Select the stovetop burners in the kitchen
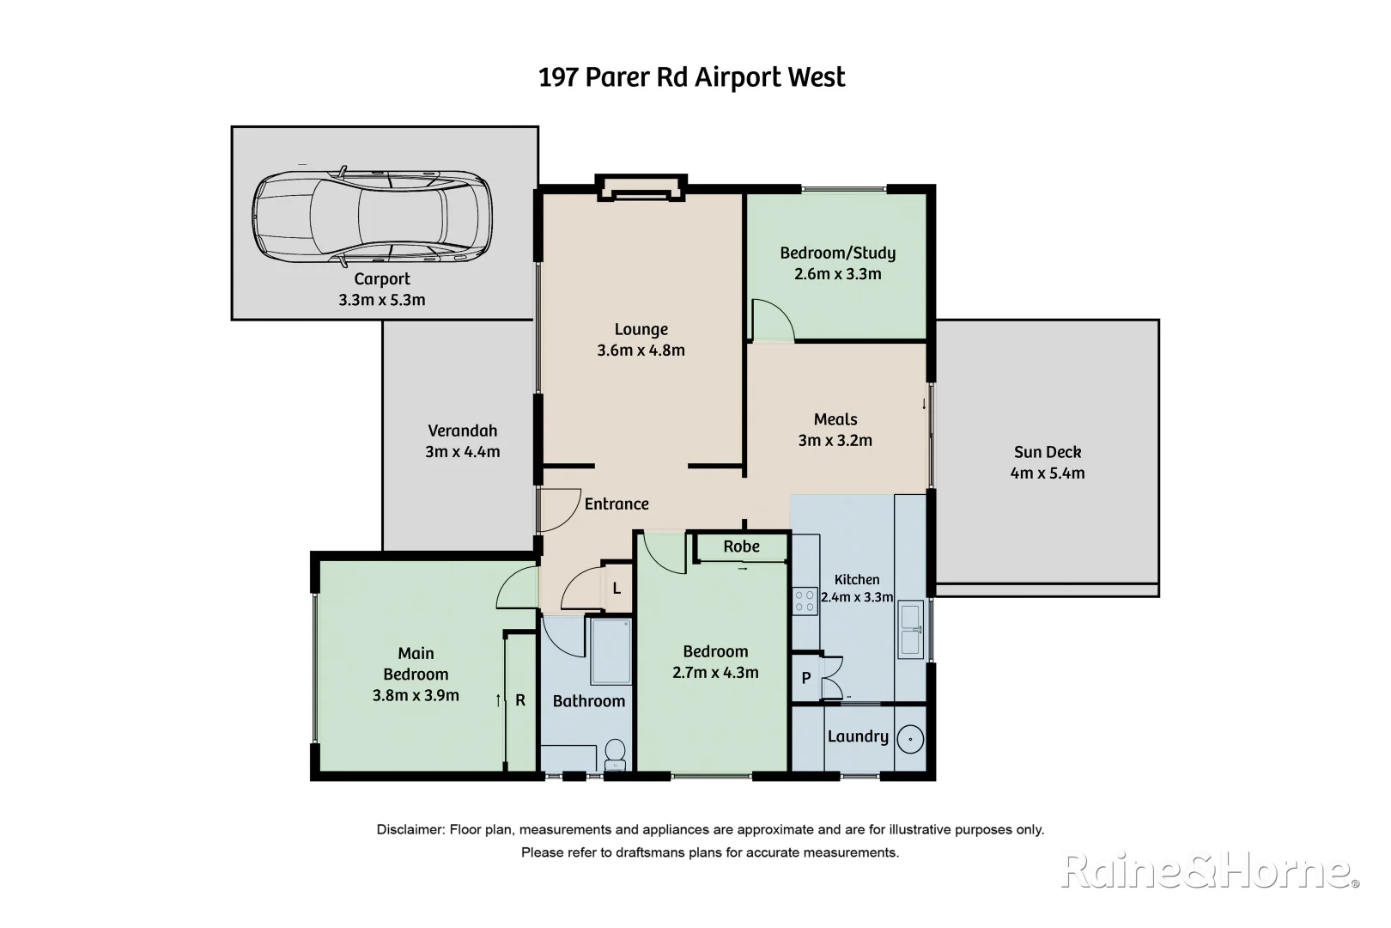point(805,601)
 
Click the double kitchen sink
point(909,629)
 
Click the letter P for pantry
point(806,678)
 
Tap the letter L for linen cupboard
point(617,589)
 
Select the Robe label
point(741,546)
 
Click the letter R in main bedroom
point(520,700)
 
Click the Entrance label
point(617,504)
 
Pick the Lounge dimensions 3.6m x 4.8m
point(641,351)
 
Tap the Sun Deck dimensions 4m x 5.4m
point(1047,473)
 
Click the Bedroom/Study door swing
point(772,319)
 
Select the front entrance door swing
point(560,510)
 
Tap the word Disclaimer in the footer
point(410,830)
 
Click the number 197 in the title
point(558,77)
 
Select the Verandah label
point(462,431)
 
